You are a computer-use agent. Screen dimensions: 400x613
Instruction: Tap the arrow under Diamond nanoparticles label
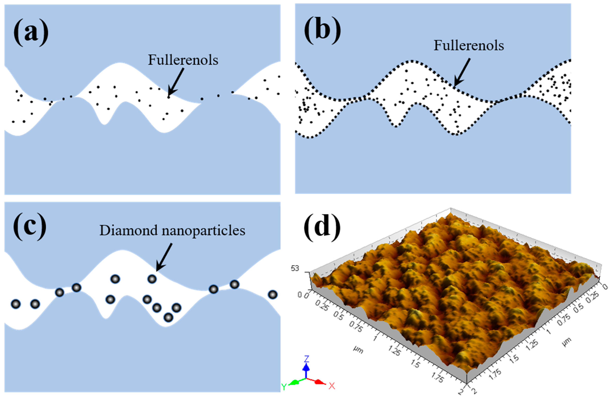point(164,257)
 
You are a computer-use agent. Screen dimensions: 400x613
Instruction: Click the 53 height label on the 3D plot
point(295,269)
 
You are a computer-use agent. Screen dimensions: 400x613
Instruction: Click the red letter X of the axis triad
point(332,386)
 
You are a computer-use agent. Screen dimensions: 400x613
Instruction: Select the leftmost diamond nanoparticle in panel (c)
point(16,304)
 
